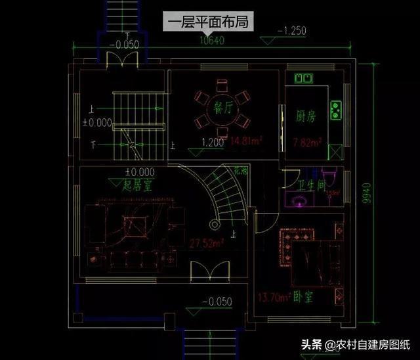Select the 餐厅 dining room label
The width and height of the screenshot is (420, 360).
pyautogui.click(x=220, y=109)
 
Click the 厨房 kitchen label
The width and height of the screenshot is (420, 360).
pyautogui.click(x=306, y=117)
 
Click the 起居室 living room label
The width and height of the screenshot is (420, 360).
pyautogui.click(x=138, y=185)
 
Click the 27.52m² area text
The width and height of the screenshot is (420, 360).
pyautogui.click(x=207, y=243)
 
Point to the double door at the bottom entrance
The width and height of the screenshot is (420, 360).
pyautogui.click(x=204, y=271)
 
